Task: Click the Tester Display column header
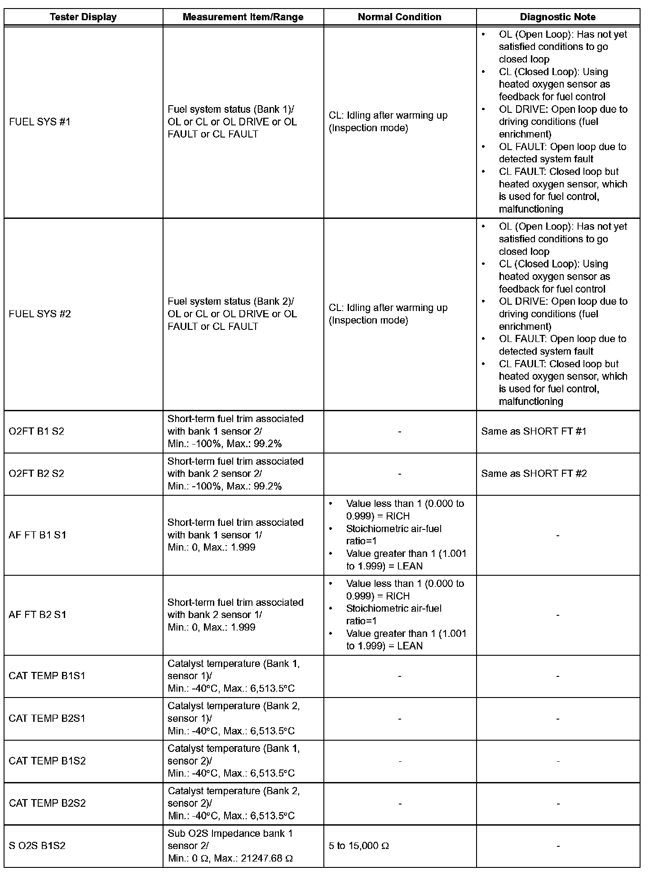coord(83,17)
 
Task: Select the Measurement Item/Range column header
coord(243,17)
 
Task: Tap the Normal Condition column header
coord(399,17)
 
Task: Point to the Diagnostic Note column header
coord(558,17)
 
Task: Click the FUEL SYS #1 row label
coord(40,122)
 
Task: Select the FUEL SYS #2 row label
coord(40,314)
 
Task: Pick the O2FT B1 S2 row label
coord(36,431)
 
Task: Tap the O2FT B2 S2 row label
coord(36,474)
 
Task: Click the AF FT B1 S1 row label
coord(37,535)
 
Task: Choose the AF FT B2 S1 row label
coord(37,615)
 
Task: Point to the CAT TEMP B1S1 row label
coord(47,676)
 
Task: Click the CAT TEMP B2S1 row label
coord(47,718)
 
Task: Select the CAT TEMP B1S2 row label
coord(47,761)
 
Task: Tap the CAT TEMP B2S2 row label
coord(47,803)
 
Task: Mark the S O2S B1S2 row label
coord(37,846)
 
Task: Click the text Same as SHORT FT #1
coord(534,431)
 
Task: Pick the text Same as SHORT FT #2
coord(534,474)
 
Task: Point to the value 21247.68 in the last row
coord(261,858)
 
